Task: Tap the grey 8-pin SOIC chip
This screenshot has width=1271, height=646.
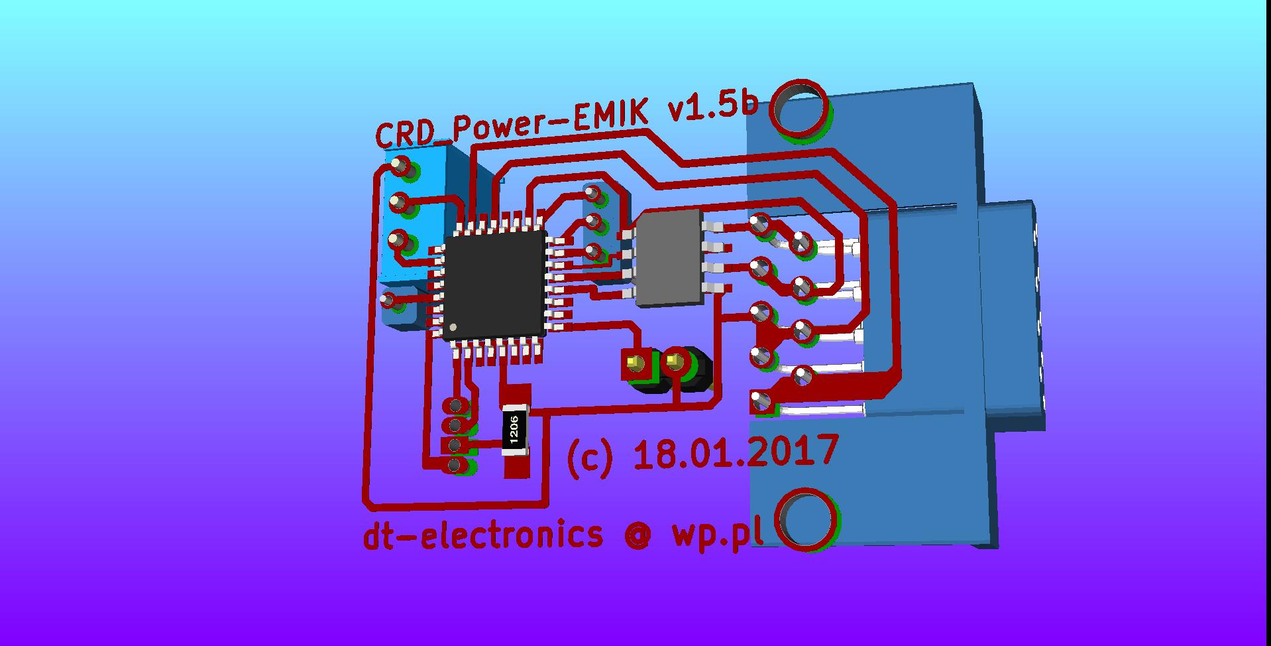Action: (669, 257)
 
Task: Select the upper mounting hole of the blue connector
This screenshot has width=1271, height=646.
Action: (800, 110)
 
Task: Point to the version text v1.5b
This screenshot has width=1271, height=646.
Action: (712, 107)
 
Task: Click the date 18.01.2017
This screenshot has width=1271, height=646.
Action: (736, 454)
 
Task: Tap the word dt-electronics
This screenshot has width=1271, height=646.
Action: (483, 535)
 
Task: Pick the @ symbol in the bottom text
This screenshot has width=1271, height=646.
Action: (637, 535)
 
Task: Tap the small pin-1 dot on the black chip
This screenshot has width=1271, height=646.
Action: (453, 328)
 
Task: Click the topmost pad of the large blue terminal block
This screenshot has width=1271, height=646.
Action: (401, 165)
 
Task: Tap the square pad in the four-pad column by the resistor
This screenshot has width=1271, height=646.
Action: (455, 444)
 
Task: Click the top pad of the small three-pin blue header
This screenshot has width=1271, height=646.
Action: (592, 194)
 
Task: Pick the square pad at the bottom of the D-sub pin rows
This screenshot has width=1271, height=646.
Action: (760, 401)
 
